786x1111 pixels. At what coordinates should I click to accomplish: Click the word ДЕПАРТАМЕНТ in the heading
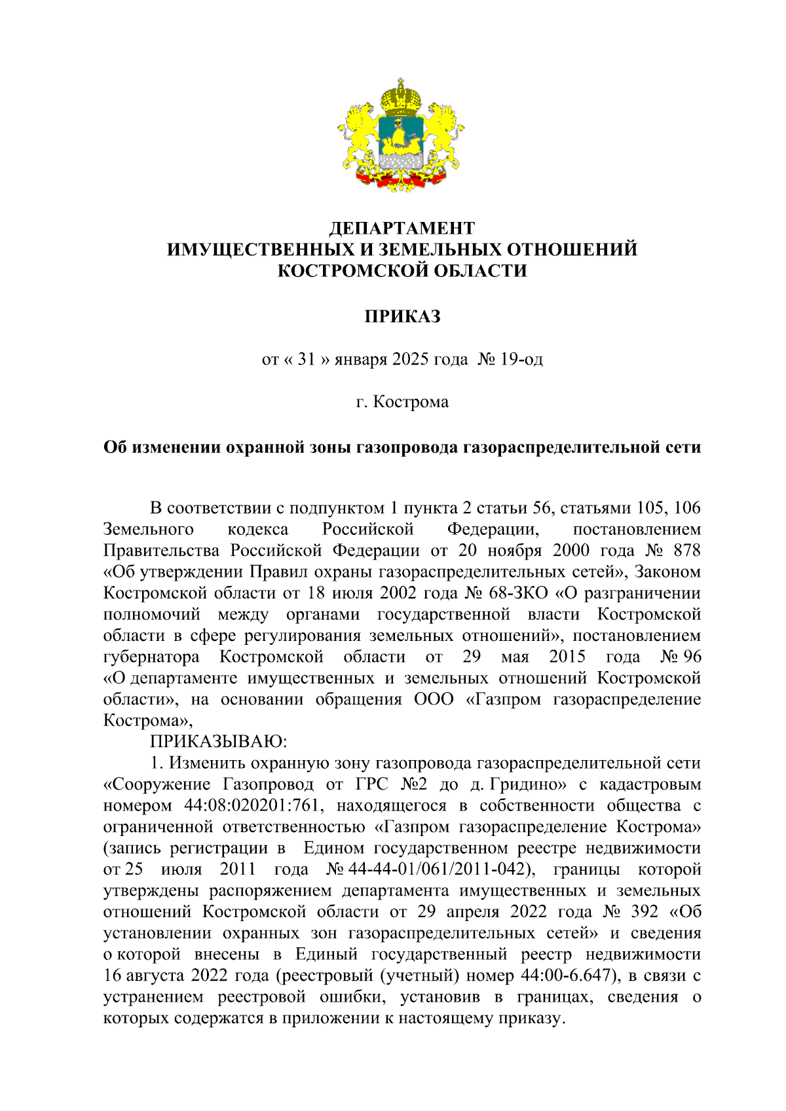click(x=402, y=228)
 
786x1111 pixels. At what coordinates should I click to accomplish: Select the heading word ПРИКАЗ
click(x=402, y=317)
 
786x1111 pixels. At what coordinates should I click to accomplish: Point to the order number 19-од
click(x=520, y=359)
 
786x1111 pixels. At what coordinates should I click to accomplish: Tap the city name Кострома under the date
click(x=411, y=402)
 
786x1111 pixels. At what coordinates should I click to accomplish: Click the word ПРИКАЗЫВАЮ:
click(x=219, y=742)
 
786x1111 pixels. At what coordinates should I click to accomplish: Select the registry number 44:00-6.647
click(x=569, y=976)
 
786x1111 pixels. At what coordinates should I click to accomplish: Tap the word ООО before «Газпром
click(x=433, y=699)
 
